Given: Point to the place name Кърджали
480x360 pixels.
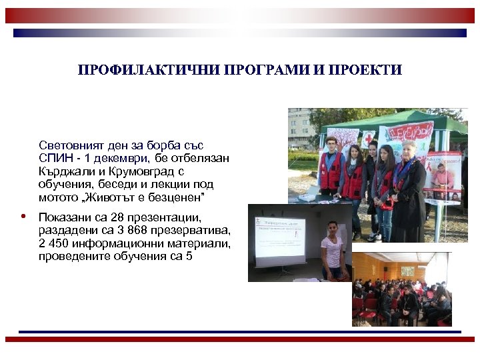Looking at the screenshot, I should click(x=66, y=171).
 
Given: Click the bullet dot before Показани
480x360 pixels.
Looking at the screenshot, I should click(x=23, y=217).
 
